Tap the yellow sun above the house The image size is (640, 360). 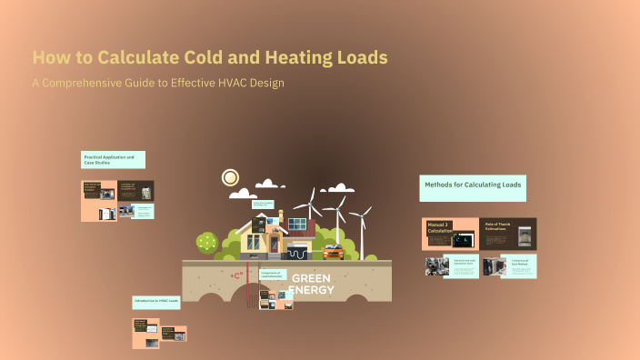coord(230,177)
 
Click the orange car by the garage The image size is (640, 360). coord(333,252)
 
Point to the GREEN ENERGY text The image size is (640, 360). coord(311,284)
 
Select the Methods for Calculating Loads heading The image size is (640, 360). coord(473,185)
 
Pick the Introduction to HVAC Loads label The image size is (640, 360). coord(156,301)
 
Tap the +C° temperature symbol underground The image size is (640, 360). coord(236,275)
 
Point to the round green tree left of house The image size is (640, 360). coord(207,242)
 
